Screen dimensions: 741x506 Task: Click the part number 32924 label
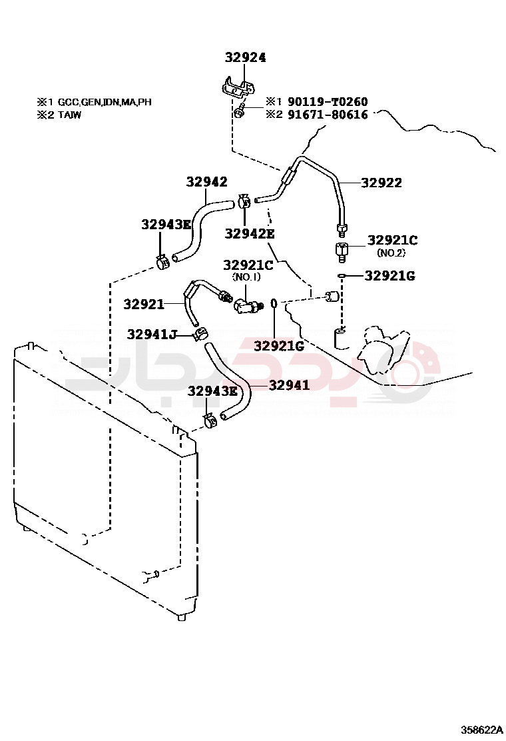click(x=245, y=58)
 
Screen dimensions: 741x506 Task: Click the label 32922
click(x=381, y=183)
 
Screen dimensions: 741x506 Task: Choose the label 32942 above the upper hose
click(x=206, y=182)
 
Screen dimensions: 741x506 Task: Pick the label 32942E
click(x=250, y=233)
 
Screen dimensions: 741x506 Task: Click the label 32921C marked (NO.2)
click(x=393, y=241)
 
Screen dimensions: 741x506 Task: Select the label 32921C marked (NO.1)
click(x=248, y=265)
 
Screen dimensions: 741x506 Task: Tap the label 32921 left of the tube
click(x=143, y=305)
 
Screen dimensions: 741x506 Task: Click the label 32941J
click(x=152, y=334)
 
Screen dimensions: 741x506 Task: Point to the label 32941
click(x=290, y=384)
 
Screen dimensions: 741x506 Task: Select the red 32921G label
click(x=279, y=345)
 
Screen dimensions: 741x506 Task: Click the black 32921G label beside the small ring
click(x=390, y=275)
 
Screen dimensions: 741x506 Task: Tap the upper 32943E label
click(x=166, y=225)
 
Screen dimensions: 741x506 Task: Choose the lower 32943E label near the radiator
click(x=212, y=390)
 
